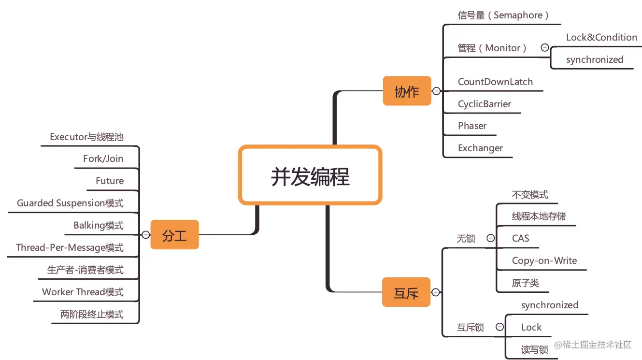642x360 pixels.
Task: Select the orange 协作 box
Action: click(407, 91)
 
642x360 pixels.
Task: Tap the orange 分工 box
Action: click(174, 235)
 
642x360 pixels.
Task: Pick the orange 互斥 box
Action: click(406, 292)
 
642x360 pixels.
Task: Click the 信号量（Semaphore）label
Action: click(503, 15)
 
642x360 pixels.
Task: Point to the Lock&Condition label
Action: click(601, 38)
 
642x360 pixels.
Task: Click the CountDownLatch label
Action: click(495, 82)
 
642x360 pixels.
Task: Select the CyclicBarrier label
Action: click(484, 104)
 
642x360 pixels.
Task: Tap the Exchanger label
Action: click(480, 148)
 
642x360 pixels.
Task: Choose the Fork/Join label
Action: click(103, 158)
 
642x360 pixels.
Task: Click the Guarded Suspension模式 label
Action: click(70, 203)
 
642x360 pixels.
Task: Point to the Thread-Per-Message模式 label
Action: click(70, 247)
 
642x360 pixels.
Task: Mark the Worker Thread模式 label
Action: click(83, 292)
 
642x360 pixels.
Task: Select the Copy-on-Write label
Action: click(544, 260)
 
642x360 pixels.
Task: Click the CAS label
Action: click(520, 238)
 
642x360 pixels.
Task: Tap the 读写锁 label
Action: click(535, 349)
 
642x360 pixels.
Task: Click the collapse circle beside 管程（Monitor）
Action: click(544, 48)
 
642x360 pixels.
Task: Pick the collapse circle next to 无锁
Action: click(490, 238)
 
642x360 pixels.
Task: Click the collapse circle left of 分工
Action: click(145, 235)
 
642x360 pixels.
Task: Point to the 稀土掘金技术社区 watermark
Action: click(593, 345)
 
